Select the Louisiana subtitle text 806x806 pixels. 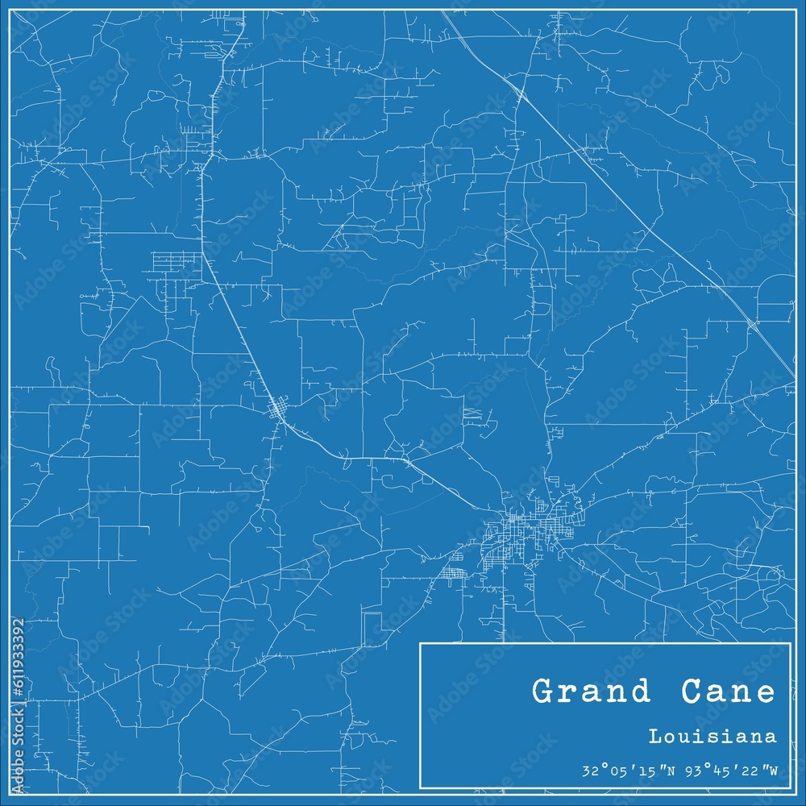click(x=713, y=736)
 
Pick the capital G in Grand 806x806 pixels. click(x=543, y=692)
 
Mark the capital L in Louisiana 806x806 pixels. click(x=654, y=736)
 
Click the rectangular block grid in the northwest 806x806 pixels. click(x=175, y=262)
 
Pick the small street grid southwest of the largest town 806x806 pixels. click(x=453, y=574)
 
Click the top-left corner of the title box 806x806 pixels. click(x=421, y=643)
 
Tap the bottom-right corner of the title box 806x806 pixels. click(x=789, y=787)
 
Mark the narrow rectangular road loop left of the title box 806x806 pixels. click(x=372, y=629)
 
